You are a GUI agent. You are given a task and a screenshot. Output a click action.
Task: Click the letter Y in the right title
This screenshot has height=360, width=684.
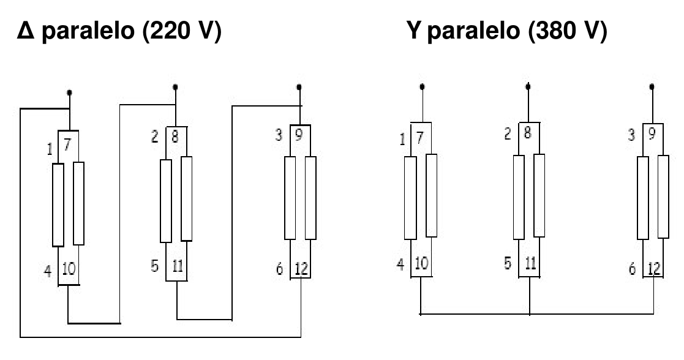point(415,31)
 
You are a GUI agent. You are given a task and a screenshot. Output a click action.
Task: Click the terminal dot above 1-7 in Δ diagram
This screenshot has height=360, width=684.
point(70,93)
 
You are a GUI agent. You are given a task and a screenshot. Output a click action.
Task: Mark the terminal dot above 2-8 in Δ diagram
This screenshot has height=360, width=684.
point(176,87)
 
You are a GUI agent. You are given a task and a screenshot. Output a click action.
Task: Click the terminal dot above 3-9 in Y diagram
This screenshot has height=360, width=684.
point(652,87)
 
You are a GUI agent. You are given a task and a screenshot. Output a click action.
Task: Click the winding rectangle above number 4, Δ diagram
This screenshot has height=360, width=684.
point(58,204)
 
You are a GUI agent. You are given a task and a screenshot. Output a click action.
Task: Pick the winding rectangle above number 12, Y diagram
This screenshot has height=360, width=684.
point(663,197)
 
